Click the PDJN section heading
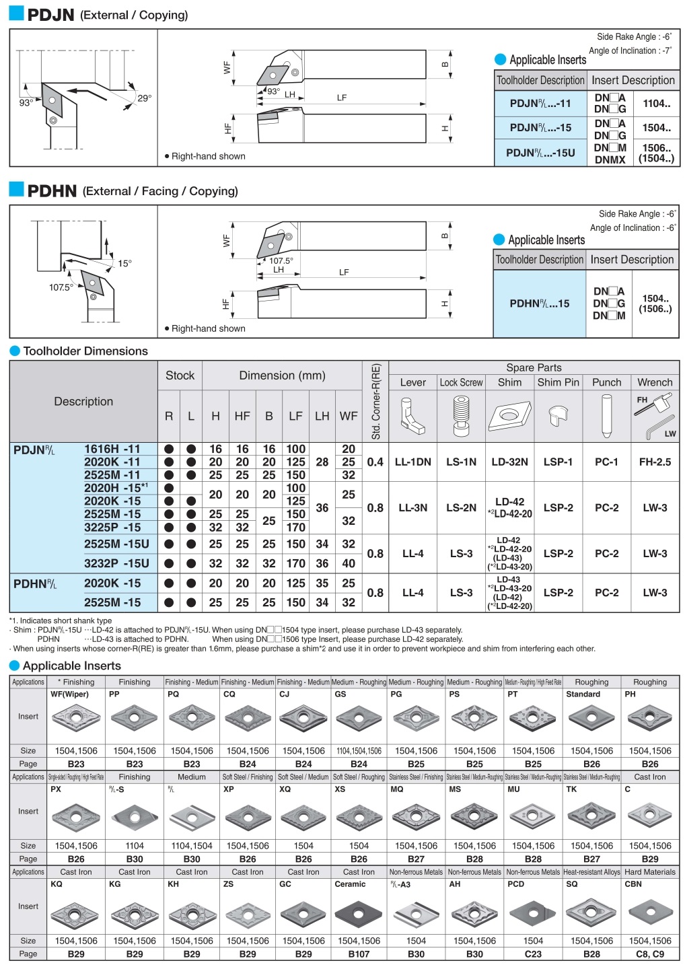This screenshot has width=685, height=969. [x=50, y=15]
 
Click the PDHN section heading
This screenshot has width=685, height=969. [x=52, y=191]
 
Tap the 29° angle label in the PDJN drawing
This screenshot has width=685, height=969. [x=144, y=98]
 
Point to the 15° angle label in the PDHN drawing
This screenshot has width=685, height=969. [x=124, y=264]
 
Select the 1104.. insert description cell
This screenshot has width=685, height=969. [x=656, y=104]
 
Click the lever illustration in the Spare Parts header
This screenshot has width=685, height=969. [x=412, y=416]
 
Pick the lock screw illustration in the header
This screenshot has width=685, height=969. [x=461, y=416]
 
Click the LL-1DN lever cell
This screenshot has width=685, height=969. [x=412, y=462]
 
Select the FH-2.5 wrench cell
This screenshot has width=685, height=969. [x=655, y=462]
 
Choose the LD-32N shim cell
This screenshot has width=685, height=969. [x=509, y=462]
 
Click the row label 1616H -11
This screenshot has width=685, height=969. [x=112, y=449]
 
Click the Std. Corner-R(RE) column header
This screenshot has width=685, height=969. [x=375, y=402]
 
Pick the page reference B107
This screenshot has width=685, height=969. [x=359, y=954]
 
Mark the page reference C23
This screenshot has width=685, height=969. [x=533, y=954]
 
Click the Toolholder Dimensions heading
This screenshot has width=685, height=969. [x=85, y=351]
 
